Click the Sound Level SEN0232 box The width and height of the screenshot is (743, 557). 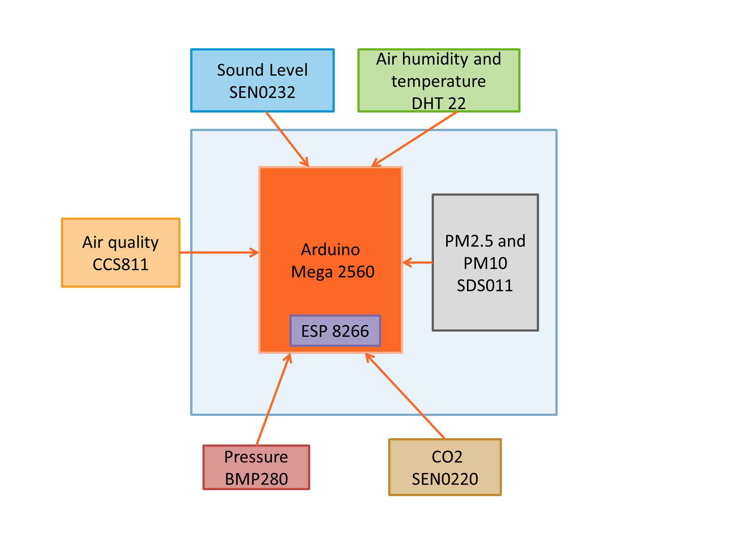point(262,80)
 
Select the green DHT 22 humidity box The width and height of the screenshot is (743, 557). point(438,80)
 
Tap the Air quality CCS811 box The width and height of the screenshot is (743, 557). point(121,253)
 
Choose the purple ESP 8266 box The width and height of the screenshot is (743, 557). point(335,331)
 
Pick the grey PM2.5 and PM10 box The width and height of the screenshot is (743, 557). point(485,263)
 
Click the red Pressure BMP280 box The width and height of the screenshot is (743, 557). point(256,467)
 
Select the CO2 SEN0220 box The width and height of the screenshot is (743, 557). point(445,467)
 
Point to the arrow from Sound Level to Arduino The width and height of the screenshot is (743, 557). point(287,139)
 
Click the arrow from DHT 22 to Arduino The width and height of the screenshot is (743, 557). point(414,139)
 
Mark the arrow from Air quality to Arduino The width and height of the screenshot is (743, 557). point(219,253)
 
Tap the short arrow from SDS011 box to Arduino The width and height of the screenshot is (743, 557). point(418,263)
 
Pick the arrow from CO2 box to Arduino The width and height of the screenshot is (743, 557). point(405,396)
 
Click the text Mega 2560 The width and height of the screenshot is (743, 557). point(332,272)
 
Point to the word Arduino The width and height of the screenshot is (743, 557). point(330,250)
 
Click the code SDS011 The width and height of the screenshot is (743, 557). point(485,286)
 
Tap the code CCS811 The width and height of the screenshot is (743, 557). point(120,264)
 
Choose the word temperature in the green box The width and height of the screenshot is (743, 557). point(438,81)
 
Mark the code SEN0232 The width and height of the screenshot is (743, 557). point(262,92)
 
